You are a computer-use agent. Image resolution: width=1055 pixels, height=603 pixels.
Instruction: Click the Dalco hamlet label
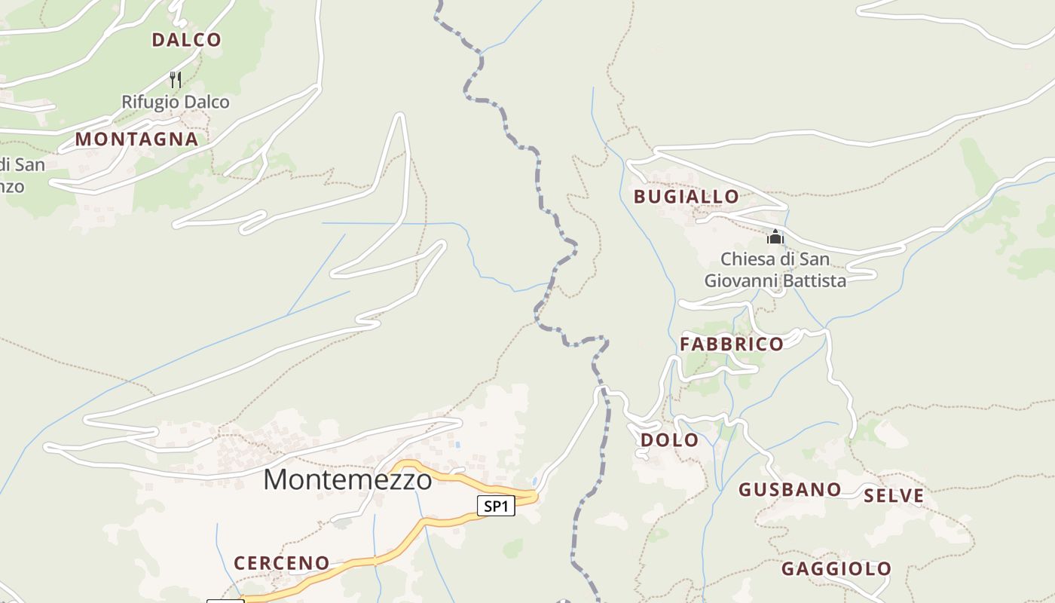(186, 40)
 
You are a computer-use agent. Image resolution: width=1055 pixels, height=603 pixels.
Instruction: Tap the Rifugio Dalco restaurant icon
(176, 79)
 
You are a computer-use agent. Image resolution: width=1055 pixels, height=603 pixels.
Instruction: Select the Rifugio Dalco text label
(176, 102)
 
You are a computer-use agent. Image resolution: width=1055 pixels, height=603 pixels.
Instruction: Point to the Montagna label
(136, 139)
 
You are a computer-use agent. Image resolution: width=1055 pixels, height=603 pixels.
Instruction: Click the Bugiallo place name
(686, 197)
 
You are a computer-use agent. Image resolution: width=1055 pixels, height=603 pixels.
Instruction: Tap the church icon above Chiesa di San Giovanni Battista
(775, 237)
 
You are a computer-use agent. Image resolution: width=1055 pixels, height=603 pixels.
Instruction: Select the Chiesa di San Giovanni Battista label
(775, 270)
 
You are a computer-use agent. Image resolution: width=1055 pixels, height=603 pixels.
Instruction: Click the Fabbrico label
(732, 344)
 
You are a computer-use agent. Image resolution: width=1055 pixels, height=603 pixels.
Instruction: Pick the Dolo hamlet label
(669, 440)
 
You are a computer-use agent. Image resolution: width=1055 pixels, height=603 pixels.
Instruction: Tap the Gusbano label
(789, 490)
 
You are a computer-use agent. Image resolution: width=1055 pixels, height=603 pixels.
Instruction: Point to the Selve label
(894, 496)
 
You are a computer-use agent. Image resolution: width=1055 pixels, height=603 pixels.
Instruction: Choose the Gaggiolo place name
(836, 569)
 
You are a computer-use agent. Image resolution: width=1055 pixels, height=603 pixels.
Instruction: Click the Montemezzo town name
(347, 479)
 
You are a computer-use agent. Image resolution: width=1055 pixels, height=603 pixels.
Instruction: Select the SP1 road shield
(496, 506)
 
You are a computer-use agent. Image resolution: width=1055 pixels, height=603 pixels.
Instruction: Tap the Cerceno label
(281, 563)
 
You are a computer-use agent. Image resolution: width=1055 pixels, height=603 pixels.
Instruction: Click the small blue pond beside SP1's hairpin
(535, 481)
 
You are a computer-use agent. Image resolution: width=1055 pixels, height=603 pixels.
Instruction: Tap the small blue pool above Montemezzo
(457, 445)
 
